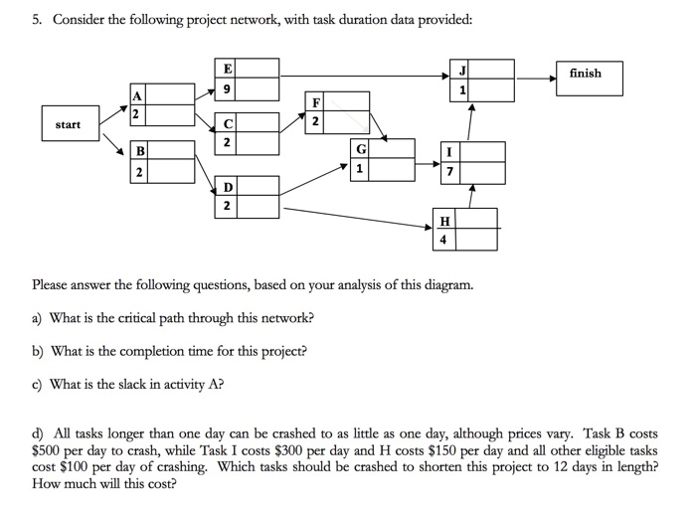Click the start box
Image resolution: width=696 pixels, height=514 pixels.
(x=69, y=125)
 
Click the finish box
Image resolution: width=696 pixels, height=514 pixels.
(x=585, y=75)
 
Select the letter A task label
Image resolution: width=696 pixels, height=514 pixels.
(x=137, y=94)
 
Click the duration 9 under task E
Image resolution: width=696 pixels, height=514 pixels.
(x=229, y=88)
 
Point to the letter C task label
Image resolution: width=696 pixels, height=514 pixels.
(x=228, y=124)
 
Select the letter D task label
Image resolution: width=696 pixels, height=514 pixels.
(x=228, y=187)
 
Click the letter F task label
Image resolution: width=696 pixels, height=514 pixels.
(x=315, y=101)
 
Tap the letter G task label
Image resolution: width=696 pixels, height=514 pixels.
(x=360, y=149)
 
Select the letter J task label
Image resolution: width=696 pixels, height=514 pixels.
(x=462, y=70)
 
